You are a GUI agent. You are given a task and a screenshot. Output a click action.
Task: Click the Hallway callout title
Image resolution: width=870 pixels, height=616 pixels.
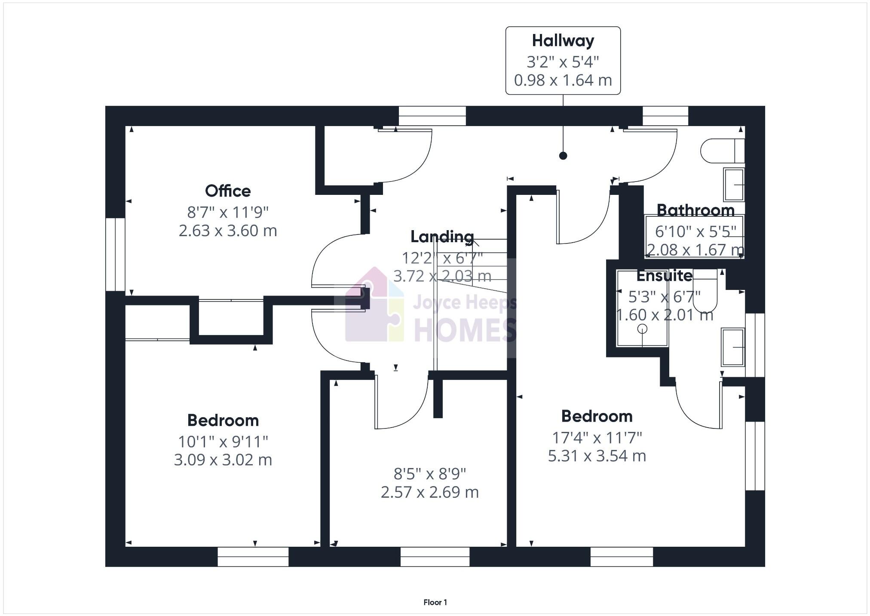pos(563,41)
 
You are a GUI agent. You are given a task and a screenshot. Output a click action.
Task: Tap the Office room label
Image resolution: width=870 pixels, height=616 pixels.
pos(227,191)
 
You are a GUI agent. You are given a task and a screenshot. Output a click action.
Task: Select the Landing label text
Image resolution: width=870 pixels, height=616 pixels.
pos(442,237)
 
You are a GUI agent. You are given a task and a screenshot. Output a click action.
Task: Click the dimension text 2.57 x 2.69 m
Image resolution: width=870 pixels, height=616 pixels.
pos(429,492)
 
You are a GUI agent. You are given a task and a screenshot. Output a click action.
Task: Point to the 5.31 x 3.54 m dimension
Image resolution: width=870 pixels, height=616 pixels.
pos(597,456)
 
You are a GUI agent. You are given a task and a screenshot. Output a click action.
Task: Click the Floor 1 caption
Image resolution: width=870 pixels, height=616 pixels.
pos(435,602)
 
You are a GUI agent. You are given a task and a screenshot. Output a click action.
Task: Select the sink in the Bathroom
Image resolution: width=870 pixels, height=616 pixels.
pos(734,185)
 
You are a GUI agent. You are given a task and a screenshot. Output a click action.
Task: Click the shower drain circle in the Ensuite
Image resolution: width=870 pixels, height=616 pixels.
pos(642,329)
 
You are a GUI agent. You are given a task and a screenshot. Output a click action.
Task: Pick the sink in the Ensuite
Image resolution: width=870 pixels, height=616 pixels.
pos(733,347)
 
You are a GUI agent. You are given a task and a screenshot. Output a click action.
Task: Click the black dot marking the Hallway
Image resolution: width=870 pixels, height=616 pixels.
pos(563,156)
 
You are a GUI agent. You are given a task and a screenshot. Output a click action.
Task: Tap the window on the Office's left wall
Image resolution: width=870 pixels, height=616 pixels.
pos(115,254)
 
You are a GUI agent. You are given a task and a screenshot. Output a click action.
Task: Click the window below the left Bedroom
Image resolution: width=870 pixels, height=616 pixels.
pos(253,557)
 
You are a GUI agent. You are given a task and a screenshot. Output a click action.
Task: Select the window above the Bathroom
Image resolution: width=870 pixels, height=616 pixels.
pos(665,116)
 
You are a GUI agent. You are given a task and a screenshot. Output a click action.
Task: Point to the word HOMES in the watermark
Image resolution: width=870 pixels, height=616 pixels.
pos(464,330)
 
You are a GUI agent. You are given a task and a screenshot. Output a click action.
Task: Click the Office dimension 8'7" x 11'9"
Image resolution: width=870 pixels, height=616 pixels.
pos(227,212)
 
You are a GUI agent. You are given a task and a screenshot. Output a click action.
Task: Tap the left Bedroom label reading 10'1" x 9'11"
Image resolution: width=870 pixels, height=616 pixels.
pos(223,441)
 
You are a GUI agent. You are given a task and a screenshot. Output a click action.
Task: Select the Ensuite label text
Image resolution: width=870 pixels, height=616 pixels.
pos(664,276)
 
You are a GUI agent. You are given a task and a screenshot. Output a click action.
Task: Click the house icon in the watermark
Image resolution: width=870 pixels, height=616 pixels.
pos(374,305)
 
